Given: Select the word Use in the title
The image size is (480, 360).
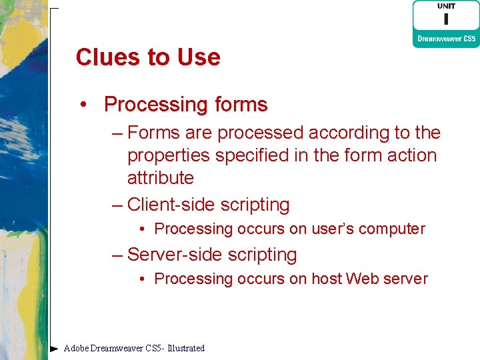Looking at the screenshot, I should [x=199, y=57].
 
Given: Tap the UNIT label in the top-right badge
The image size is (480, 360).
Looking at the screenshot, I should [x=446, y=6].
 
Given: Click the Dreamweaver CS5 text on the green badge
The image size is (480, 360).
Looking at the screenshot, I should [x=446, y=39].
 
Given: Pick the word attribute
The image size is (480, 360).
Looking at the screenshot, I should [x=160, y=178].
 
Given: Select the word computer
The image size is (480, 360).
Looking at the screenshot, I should [x=393, y=229].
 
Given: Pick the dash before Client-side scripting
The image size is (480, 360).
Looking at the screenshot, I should [x=117, y=205].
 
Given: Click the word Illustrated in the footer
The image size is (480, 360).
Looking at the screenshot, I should [x=186, y=348].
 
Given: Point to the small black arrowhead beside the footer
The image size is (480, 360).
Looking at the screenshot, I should [x=54, y=348].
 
